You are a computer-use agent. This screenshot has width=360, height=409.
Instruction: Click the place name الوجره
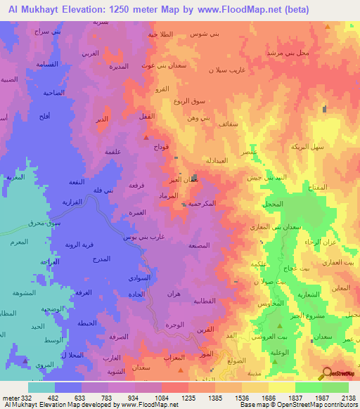175,324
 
